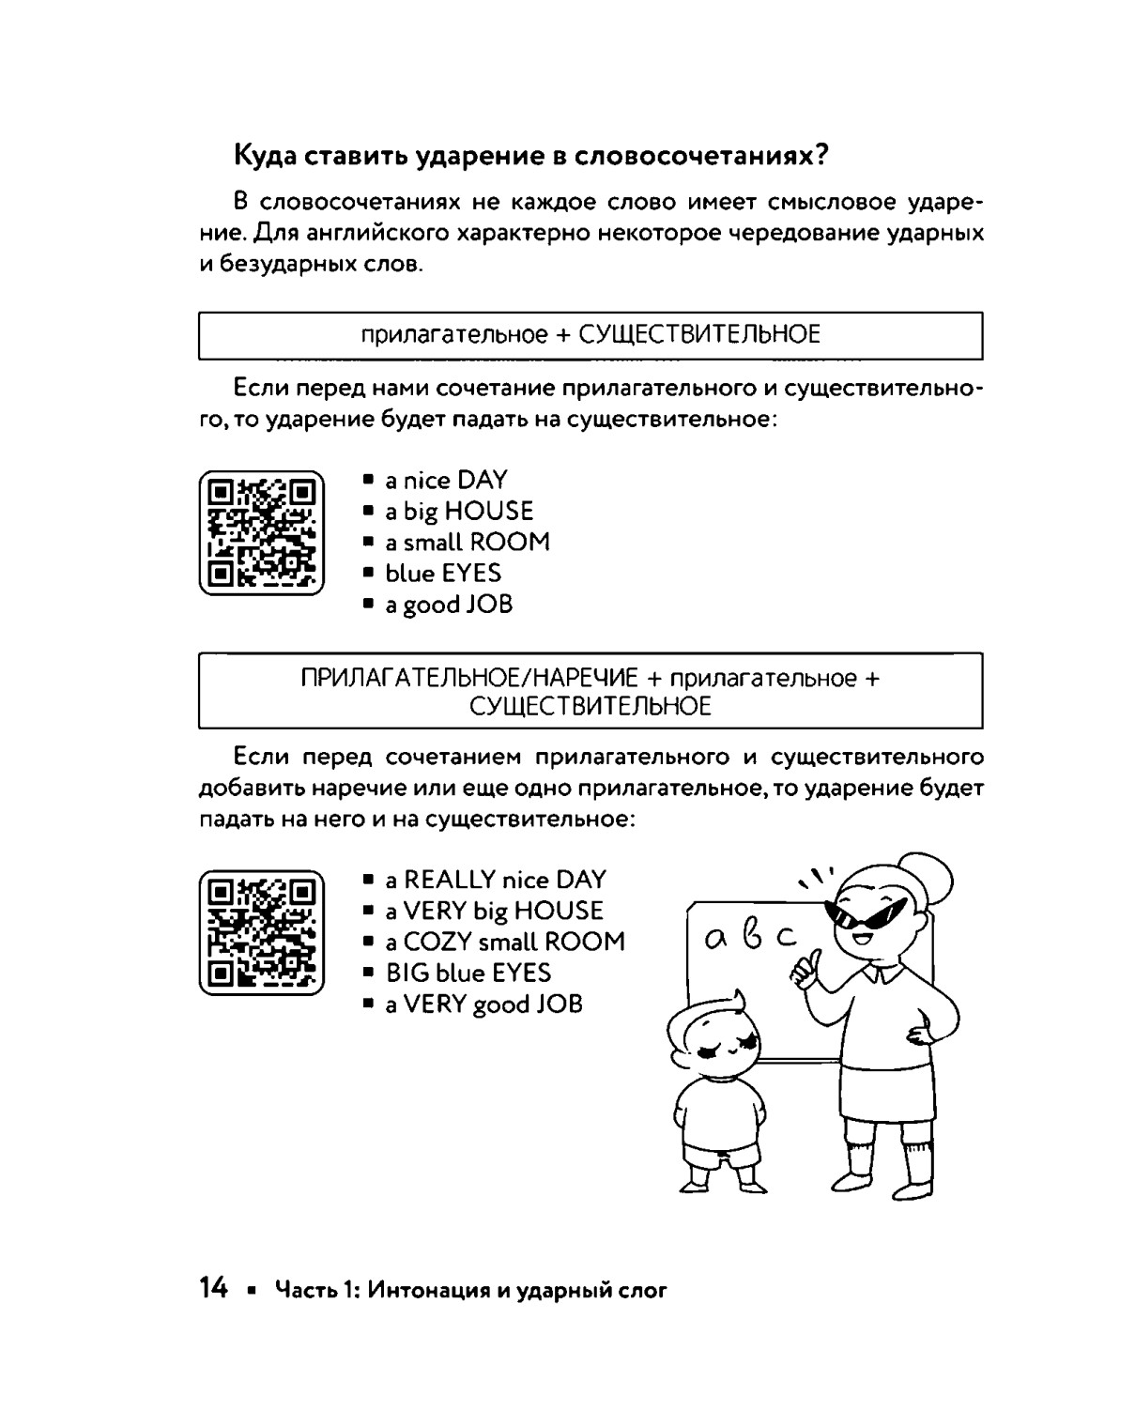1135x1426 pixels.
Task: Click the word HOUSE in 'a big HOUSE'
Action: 488,512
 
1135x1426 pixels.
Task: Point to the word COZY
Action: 437,942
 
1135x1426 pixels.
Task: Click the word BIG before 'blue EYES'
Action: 407,973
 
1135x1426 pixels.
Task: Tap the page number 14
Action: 213,1289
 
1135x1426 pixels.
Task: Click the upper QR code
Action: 261,532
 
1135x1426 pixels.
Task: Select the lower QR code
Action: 261,932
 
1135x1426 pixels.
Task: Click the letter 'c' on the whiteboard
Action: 785,936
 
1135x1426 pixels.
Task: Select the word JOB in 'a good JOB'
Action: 489,605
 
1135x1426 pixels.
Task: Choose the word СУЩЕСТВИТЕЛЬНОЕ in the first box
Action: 699,334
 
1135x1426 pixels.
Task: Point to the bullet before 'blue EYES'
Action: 369,573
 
